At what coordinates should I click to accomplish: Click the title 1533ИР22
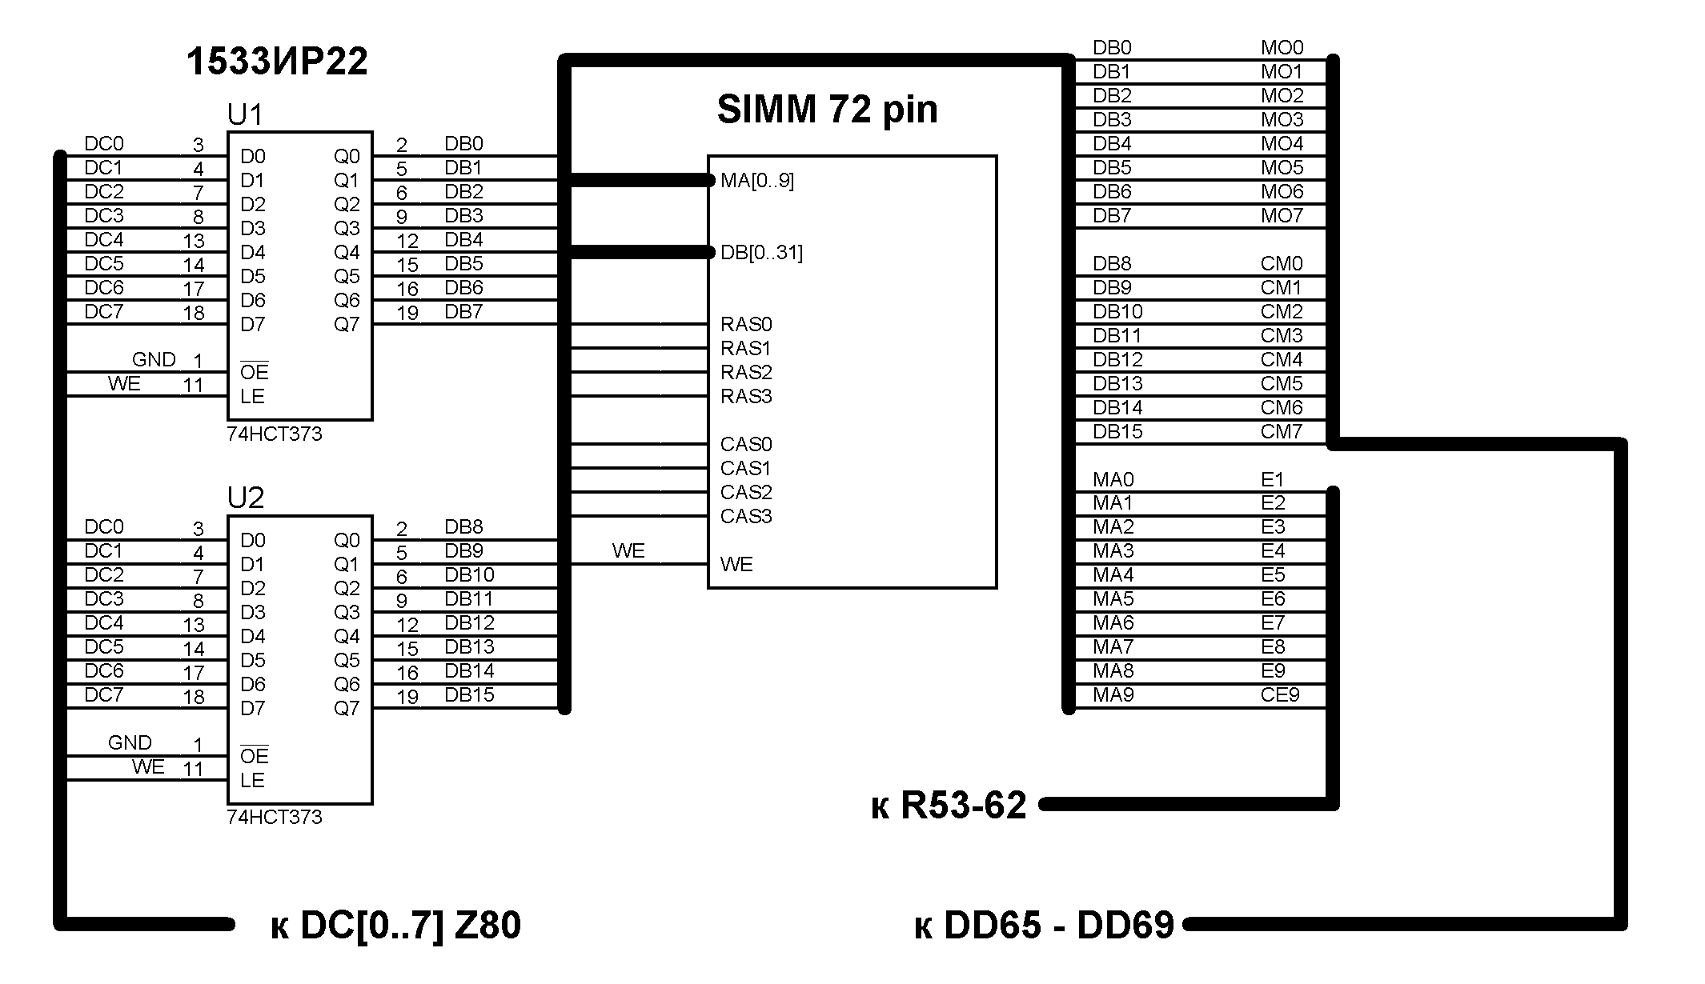[277, 62]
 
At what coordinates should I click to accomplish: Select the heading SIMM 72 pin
[827, 109]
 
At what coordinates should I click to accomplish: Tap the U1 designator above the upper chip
[245, 115]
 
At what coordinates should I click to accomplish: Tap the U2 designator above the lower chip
[245, 498]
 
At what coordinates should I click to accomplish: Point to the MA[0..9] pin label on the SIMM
[757, 181]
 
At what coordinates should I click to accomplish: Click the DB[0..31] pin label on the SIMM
[761, 253]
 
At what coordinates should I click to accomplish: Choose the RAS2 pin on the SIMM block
[746, 373]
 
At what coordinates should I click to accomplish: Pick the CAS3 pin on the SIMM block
[746, 517]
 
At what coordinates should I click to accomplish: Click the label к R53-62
[949, 806]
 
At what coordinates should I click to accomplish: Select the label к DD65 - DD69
[1044, 926]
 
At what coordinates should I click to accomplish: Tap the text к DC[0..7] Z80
[396, 926]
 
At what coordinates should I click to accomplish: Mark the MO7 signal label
[1282, 216]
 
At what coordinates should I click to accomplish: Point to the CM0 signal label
[1282, 264]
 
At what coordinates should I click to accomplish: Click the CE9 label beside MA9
[1280, 695]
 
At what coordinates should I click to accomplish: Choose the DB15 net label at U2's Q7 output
[469, 695]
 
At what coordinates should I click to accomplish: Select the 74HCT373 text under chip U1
[275, 434]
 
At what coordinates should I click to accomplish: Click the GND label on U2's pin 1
[130, 743]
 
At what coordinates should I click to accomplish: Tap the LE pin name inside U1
[252, 397]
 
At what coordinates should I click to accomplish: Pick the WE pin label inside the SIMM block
[736, 565]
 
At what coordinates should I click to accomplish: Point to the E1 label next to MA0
[1273, 480]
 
